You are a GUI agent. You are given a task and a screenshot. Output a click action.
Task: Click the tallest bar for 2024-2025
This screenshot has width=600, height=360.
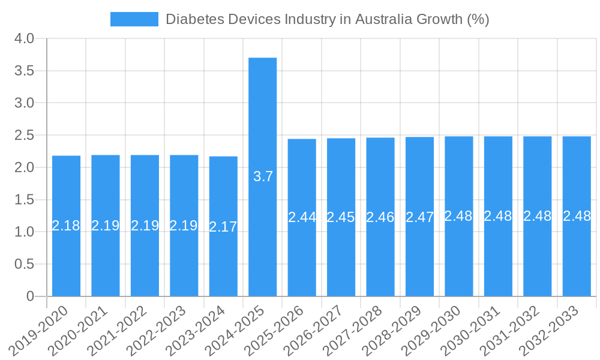(x=262, y=120)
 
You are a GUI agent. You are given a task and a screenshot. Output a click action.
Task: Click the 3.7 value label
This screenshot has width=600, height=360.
(x=263, y=176)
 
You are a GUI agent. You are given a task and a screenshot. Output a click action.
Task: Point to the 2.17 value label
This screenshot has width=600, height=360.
(x=223, y=227)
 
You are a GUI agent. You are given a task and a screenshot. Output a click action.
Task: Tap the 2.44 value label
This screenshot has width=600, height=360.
(x=302, y=217)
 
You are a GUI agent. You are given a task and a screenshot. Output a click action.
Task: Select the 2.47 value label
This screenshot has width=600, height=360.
(x=419, y=217)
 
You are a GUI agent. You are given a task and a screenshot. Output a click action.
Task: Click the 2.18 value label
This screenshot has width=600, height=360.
(x=66, y=226)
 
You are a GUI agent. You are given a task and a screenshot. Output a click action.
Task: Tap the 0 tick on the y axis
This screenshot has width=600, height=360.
(x=31, y=296)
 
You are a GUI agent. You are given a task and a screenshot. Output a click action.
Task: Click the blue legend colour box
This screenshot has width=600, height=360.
(x=134, y=19)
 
